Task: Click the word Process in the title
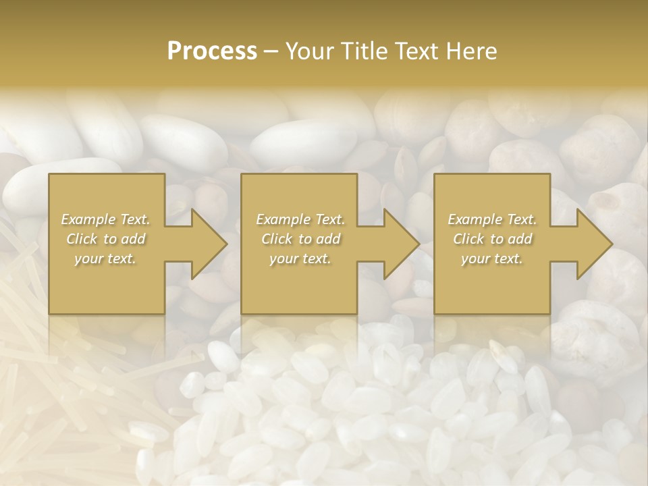point(212,51)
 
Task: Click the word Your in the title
point(308,51)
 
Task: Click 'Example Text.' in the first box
point(105,219)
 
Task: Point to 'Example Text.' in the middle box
point(300,219)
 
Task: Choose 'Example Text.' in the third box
point(492,219)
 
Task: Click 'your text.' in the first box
point(105,259)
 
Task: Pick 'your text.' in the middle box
point(300,259)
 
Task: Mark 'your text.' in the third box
point(492,259)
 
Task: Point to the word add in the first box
point(134,239)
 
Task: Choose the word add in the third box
point(520,239)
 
